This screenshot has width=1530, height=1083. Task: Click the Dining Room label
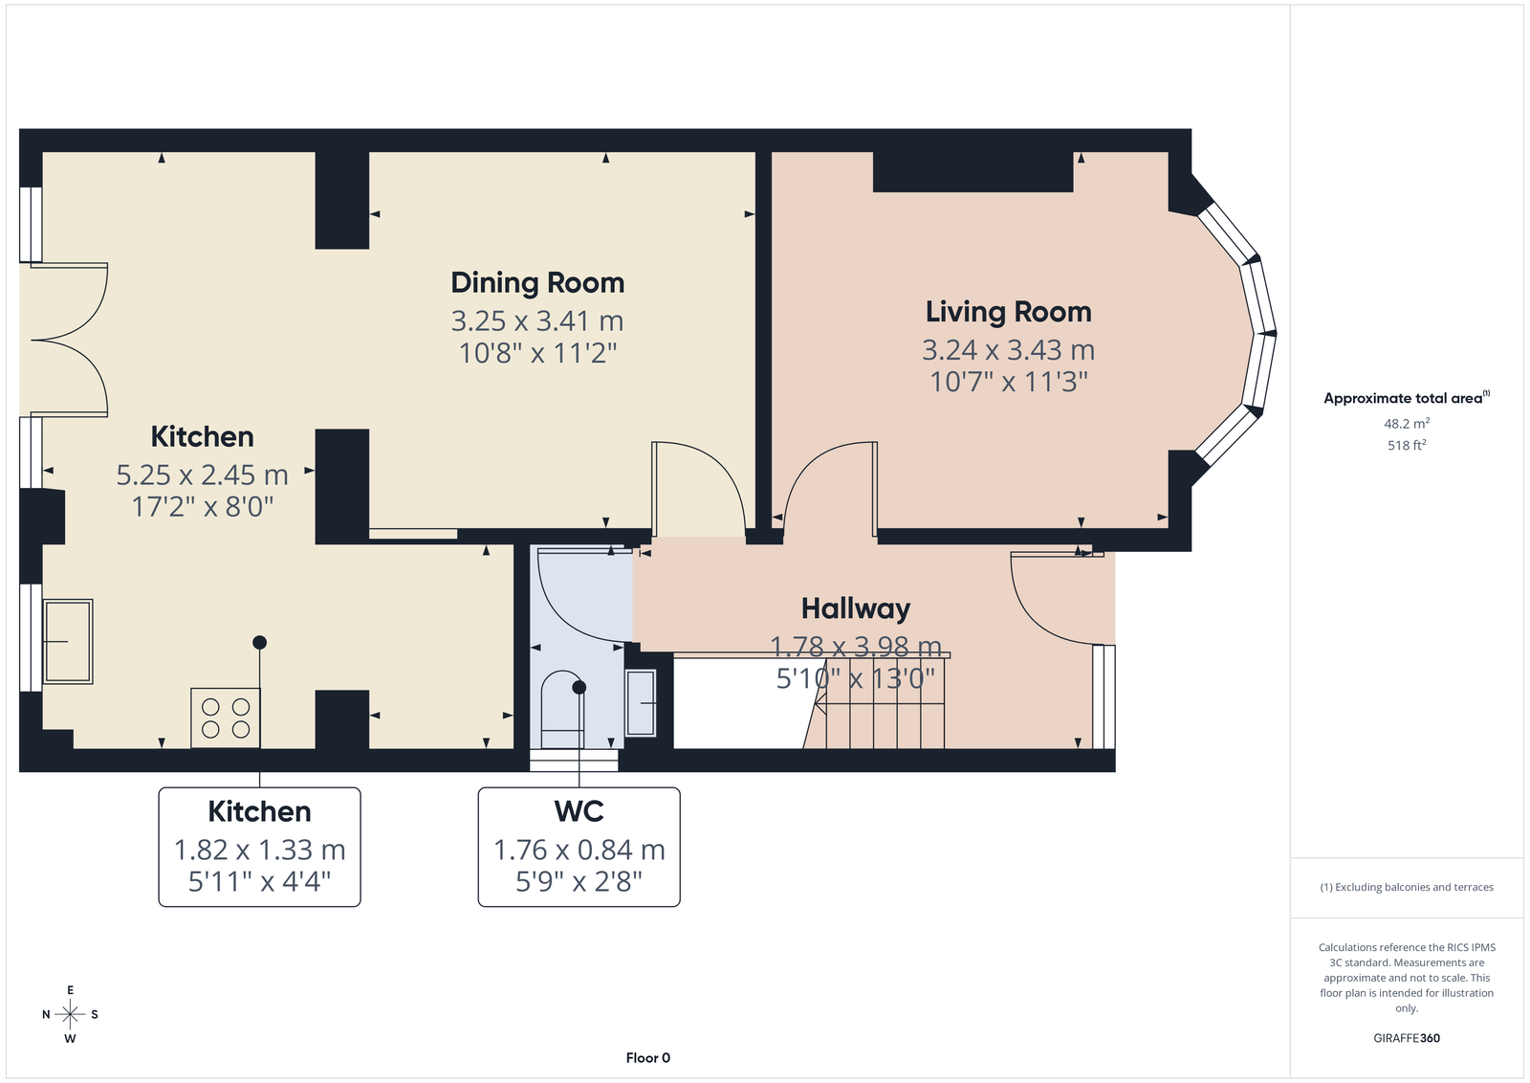click(537, 283)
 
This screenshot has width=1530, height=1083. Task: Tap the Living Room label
click(1008, 312)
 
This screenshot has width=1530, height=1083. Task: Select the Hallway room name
click(856, 608)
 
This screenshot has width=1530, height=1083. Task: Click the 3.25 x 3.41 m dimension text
click(537, 320)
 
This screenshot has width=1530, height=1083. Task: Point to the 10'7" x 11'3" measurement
click(1008, 382)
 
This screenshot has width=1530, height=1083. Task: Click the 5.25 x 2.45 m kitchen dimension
click(202, 475)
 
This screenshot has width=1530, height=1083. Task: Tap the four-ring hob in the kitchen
click(226, 718)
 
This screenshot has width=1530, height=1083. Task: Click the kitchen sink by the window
click(68, 642)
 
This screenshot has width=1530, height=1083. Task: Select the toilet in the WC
click(561, 709)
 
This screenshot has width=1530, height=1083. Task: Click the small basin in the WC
click(641, 702)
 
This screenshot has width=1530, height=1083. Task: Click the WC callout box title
click(579, 811)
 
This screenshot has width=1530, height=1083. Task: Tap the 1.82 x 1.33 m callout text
click(259, 850)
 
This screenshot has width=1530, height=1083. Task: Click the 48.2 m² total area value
click(1407, 424)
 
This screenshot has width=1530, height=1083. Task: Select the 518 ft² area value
click(1407, 445)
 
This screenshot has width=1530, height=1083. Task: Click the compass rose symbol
click(71, 1014)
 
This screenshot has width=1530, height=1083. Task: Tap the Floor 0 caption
click(648, 1058)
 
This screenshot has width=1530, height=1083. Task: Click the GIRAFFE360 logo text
click(1407, 1038)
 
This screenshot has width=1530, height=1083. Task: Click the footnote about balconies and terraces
click(1407, 887)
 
